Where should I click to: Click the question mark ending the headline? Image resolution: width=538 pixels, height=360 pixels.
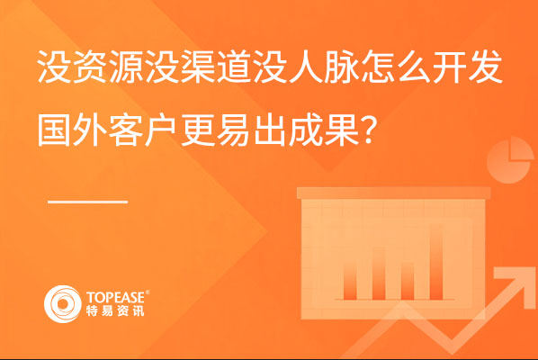[x=367, y=130]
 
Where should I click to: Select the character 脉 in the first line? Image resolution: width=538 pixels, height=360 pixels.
[x=342, y=67]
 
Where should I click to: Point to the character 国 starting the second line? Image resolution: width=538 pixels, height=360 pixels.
[x=54, y=130]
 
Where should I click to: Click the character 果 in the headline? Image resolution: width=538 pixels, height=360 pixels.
[x=342, y=130]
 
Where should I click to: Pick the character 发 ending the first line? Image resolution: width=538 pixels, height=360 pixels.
[x=486, y=67]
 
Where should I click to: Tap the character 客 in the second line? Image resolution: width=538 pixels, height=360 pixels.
[x=126, y=130]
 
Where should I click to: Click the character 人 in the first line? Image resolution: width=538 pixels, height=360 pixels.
[x=306, y=67]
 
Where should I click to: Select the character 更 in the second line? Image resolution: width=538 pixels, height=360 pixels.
[x=198, y=130]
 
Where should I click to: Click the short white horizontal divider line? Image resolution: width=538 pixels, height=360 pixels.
[x=88, y=202]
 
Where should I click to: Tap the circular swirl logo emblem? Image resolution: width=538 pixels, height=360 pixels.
[x=62, y=304]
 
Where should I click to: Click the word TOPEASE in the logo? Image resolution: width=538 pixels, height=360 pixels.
[x=116, y=297]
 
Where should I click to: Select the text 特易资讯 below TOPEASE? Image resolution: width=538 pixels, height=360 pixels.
[x=115, y=310]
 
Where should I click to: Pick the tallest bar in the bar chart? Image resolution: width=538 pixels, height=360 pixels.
[x=436, y=262]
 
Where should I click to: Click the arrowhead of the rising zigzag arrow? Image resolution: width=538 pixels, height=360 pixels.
[x=512, y=283]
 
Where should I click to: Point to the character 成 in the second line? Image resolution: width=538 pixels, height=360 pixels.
[x=306, y=130]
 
